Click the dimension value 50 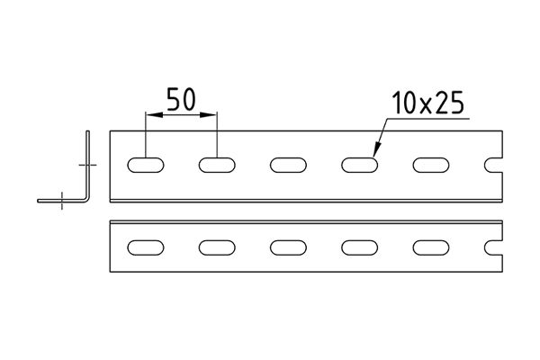pos(181,99)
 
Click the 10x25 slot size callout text pos(428,103)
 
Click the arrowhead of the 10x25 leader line pos(376,150)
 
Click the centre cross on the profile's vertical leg pos(88,165)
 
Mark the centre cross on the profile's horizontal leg pos(61,201)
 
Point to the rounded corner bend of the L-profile pos(86,199)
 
